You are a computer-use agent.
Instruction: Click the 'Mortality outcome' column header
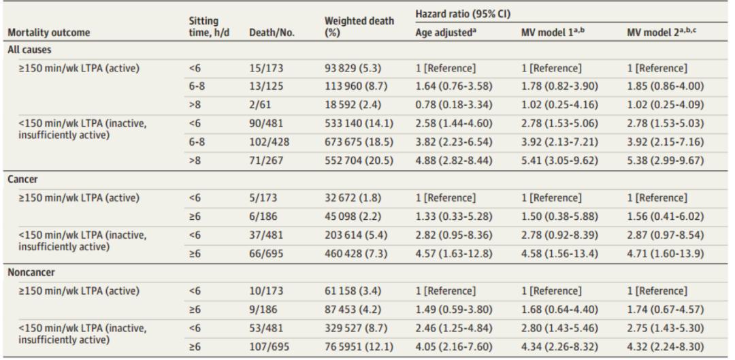(x=49, y=33)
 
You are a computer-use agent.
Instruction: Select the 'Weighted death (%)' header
(x=359, y=27)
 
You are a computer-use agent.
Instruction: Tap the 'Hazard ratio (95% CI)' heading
(x=463, y=14)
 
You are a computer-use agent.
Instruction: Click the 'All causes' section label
(x=29, y=50)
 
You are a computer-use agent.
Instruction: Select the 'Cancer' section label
(x=22, y=180)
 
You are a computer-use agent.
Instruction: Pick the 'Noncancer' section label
(x=31, y=273)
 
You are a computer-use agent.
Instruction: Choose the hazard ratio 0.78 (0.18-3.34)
(x=454, y=105)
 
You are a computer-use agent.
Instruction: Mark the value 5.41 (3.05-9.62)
(x=559, y=161)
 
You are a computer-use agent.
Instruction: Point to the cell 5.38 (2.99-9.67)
(x=666, y=161)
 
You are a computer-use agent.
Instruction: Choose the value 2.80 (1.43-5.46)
(x=559, y=329)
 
